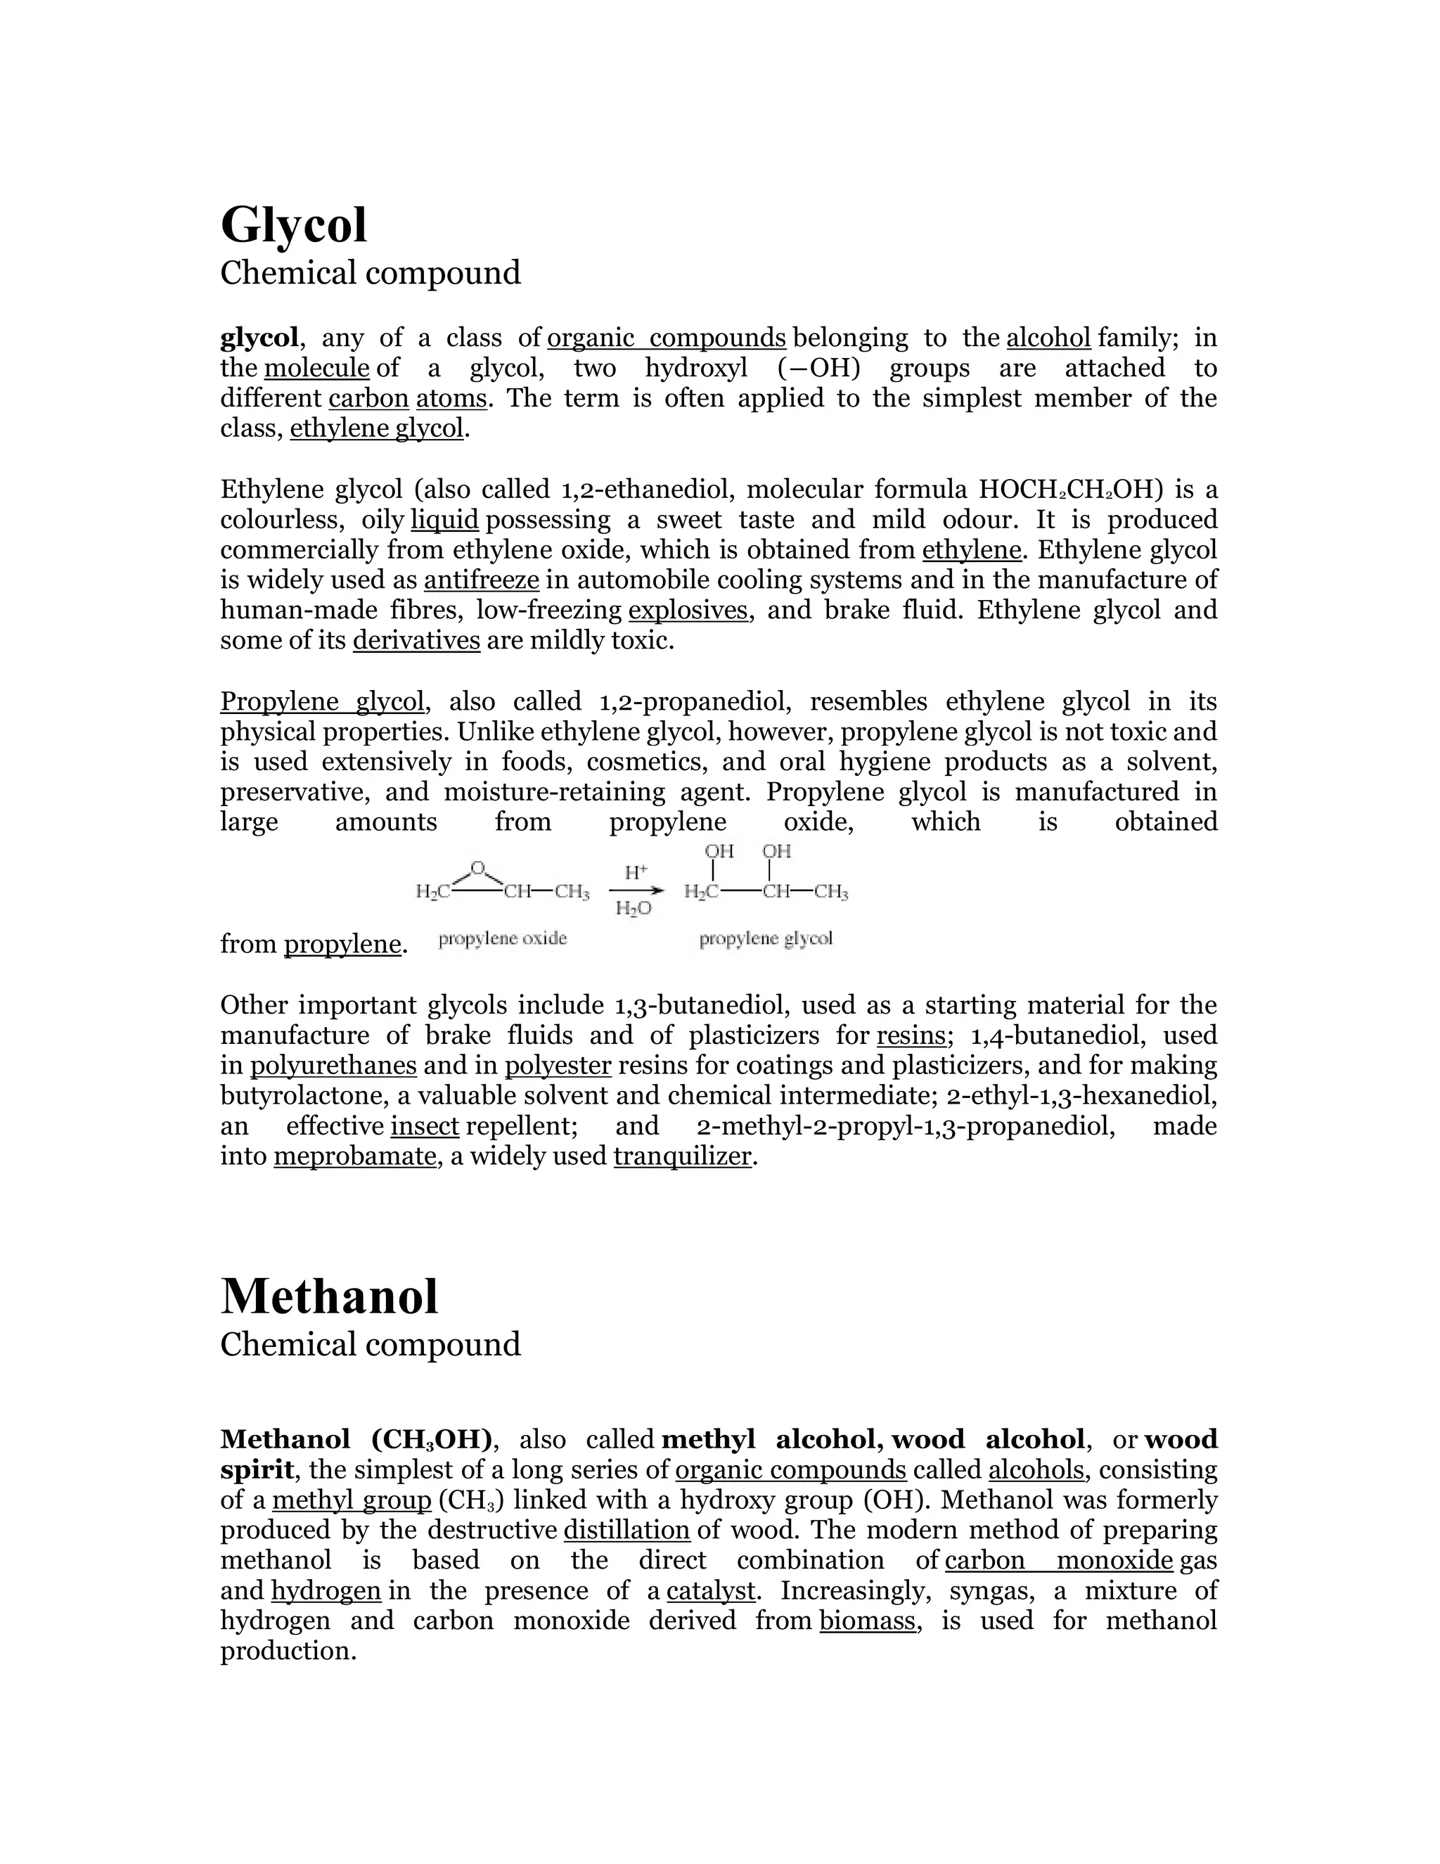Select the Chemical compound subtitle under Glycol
371,273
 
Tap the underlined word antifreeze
481,580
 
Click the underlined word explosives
688,611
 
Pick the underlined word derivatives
416,640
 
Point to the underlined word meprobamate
355,1156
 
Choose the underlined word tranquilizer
683,1156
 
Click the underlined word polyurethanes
333,1066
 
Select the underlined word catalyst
711,1591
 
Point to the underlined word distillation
626,1531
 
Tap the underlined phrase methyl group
352,1500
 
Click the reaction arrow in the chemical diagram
636,891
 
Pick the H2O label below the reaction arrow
633,909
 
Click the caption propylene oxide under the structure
503,939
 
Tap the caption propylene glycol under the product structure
765,939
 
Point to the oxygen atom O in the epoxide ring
477,868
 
